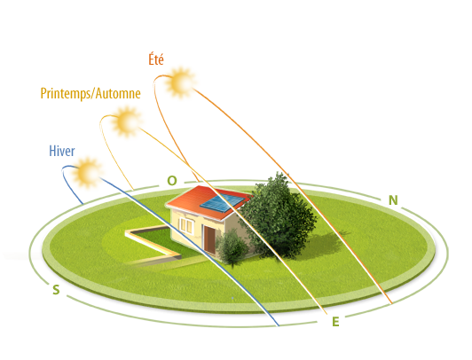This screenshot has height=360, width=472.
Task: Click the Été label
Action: (x=156, y=59)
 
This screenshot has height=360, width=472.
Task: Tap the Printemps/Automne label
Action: (x=90, y=93)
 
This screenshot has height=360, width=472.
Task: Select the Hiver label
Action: (x=62, y=151)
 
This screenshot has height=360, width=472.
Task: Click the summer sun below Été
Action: (x=181, y=82)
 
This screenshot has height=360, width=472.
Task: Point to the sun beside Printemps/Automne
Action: (x=126, y=121)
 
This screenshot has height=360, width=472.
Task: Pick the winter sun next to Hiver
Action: (x=87, y=173)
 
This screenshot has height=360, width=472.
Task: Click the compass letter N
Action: (x=393, y=200)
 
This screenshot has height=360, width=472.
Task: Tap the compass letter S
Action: (x=56, y=290)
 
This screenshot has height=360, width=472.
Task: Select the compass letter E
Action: (x=335, y=322)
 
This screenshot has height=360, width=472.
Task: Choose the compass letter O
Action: (x=172, y=181)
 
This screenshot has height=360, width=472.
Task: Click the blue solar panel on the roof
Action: (x=222, y=203)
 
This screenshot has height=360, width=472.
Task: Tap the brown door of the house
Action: (x=209, y=239)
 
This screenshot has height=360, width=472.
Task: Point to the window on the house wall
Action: (x=186, y=225)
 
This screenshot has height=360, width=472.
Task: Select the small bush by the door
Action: (x=232, y=247)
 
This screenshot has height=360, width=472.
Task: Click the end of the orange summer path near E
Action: (x=392, y=303)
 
